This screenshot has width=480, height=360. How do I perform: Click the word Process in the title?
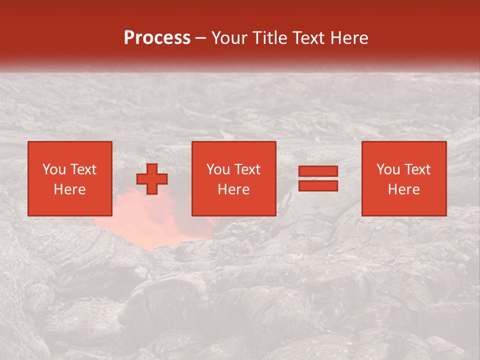pyautogui.click(x=157, y=38)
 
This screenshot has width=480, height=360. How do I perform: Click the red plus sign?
pyautogui.click(x=152, y=179)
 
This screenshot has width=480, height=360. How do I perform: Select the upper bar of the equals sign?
pyautogui.click(x=318, y=171)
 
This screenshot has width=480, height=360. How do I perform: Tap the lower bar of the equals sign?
pyautogui.click(x=318, y=185)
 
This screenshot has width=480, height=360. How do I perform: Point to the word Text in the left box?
pyautogui.click(x=83, y=169)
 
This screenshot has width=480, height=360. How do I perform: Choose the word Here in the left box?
pyautogui.click(x=69, y=189)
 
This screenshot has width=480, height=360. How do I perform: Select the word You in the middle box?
pyautogui.click(x=218, y=169)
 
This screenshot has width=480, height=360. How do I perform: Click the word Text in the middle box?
pyautogui.click(x=247, y=169)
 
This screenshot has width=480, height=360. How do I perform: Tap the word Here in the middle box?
pyautogui.click(x=233, y=189)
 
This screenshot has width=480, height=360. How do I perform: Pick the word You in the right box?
pyautogui.click(x=388, y=169)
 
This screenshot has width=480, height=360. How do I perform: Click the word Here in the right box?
pyautogui.click(x=403, y=189)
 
